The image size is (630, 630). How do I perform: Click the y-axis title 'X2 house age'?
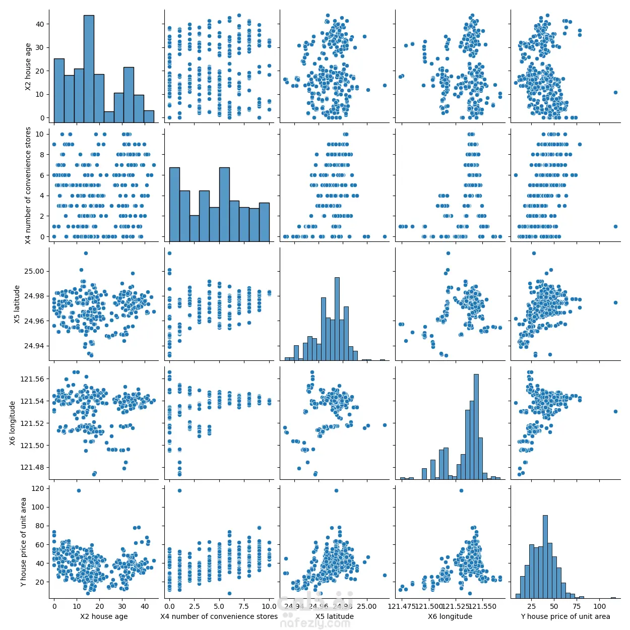(x=28, y=67)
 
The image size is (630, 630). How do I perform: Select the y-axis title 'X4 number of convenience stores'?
(x=28, y=185)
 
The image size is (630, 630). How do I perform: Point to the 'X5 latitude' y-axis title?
(x=17, y=304)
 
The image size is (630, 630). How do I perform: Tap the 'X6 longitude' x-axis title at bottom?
(x=450, y=616)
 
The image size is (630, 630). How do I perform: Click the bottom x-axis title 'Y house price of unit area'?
(x=565, y=616)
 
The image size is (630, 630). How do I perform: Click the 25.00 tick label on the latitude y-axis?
(x=34, y=271)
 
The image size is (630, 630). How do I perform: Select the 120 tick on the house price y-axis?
(x=38, y=488)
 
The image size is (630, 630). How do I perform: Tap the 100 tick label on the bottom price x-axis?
(x=600, y=606)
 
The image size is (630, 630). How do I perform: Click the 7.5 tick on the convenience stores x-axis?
(x=243, y=606)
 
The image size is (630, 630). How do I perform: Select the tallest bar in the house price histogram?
(x=545, y=556)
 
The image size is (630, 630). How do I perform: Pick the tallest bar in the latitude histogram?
(x=337, y=319)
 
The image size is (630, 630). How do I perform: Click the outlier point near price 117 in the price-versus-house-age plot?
(x=79, y=490)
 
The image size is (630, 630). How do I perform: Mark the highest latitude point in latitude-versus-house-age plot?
(x=86, y=253)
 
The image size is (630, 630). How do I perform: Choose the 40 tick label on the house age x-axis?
(x=145, y=606)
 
